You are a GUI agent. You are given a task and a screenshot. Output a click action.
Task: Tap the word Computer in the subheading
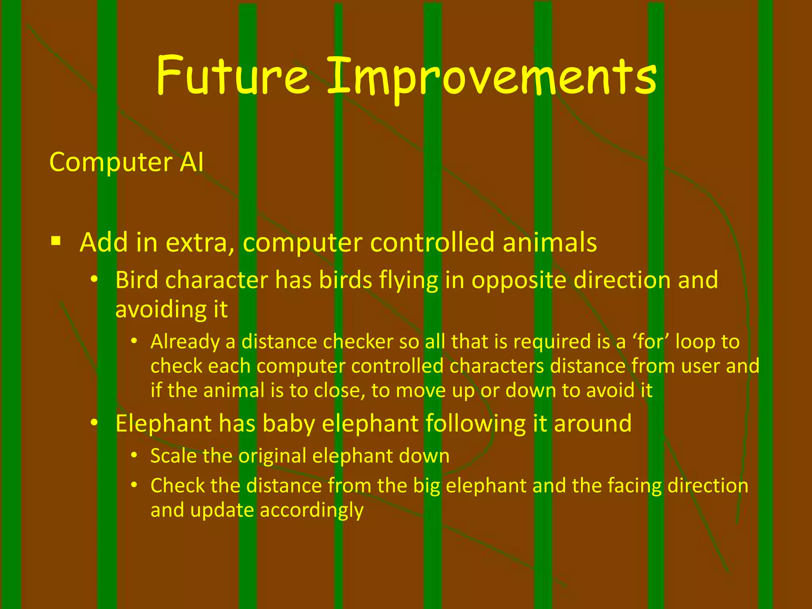tap(111, 163)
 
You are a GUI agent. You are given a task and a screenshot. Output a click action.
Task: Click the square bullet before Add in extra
tap(56, 241)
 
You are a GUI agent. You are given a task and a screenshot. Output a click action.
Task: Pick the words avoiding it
tap(171, 310)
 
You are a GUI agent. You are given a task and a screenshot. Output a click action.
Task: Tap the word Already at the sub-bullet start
tap(185, 342)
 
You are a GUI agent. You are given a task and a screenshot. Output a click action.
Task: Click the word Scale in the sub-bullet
tap(173, 456)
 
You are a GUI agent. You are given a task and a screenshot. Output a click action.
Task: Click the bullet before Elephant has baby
tap(94, 423)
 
